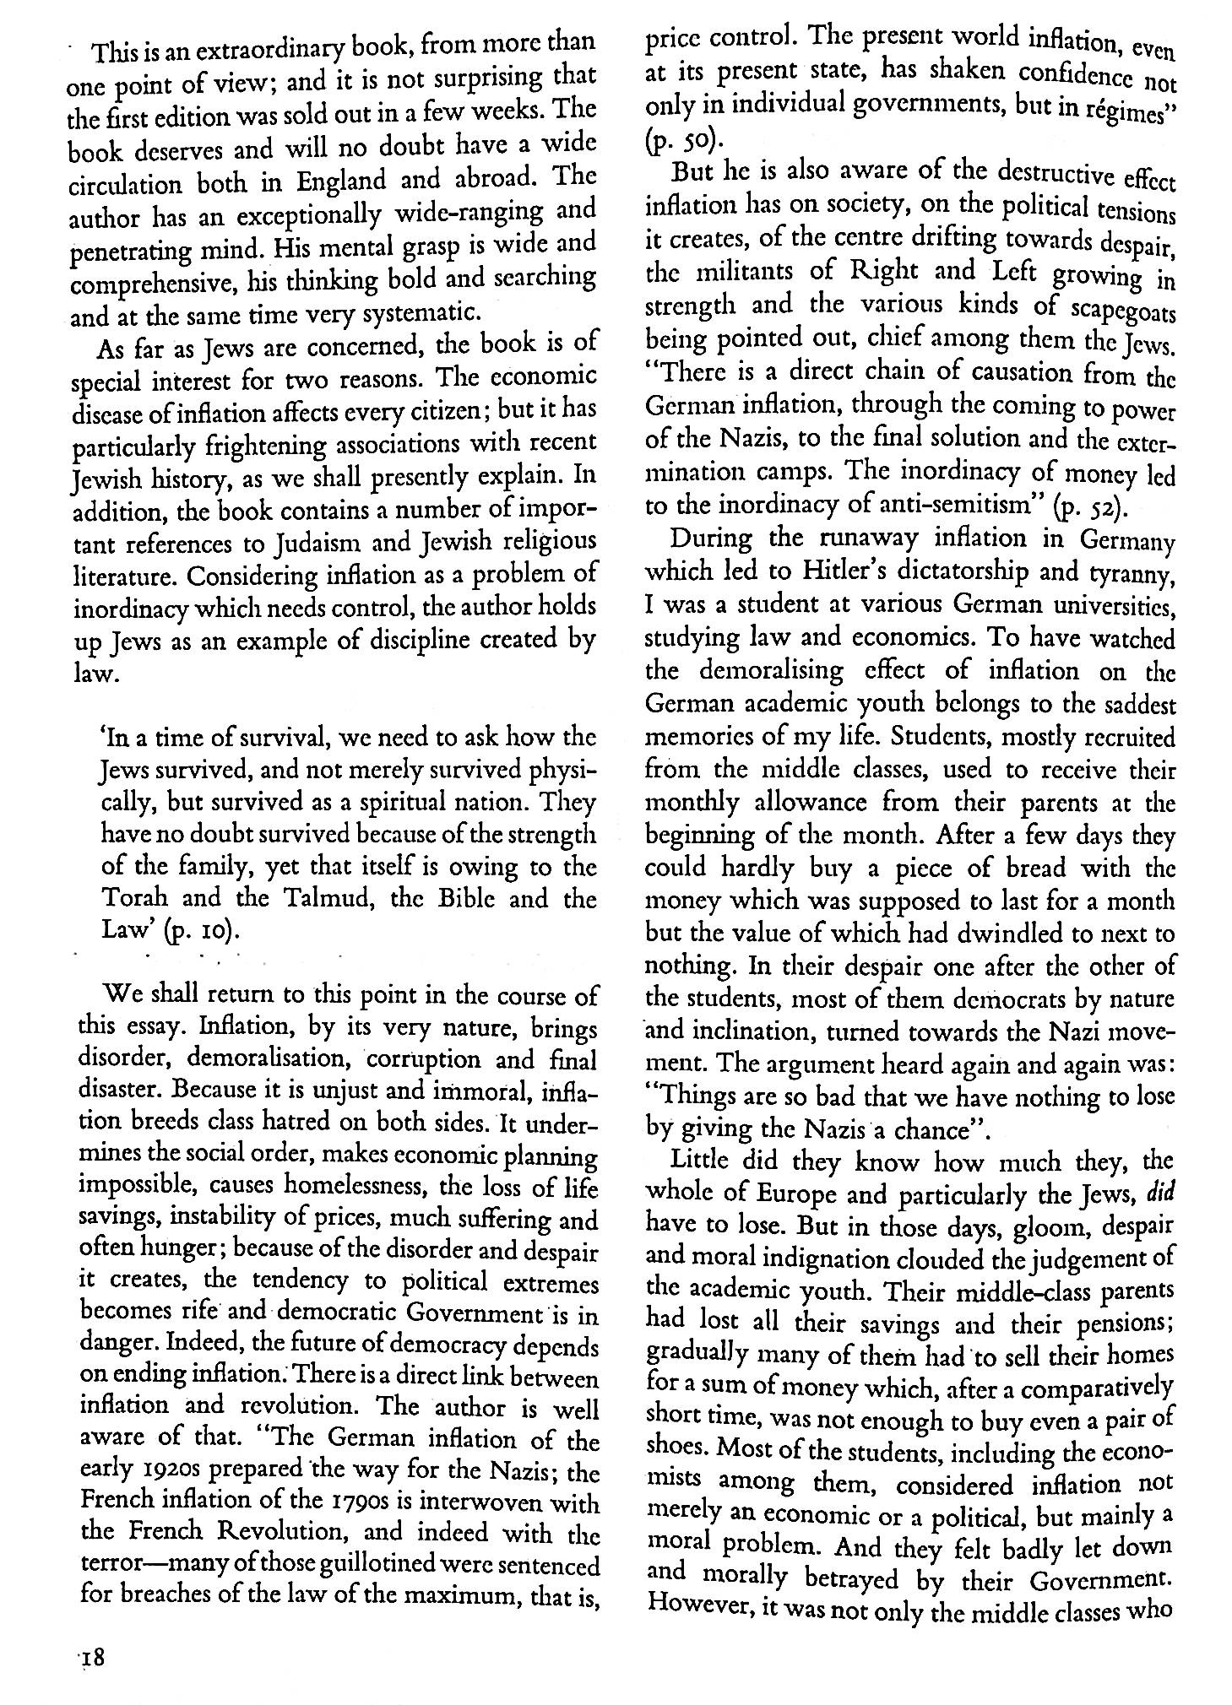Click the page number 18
[90, 1658]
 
